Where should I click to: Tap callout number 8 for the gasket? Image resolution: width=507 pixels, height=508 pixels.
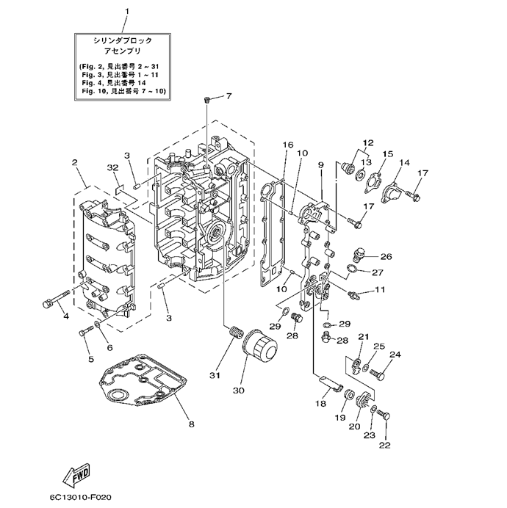click(191, 424)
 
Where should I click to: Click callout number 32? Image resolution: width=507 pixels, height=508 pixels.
click(112, 168)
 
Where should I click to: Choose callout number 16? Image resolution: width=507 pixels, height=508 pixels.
click(287, 145)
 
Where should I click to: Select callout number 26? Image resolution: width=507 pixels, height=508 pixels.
click(386, 257)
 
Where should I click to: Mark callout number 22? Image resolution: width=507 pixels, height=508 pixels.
click(385, 444)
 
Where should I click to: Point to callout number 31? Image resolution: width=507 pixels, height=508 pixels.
click(214, 377)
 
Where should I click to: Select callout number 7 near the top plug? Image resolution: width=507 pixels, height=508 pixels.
click(228, 96)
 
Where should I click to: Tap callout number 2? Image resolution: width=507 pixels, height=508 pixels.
click(74, 162)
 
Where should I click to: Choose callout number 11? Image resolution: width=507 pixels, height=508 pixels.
click(380, 290)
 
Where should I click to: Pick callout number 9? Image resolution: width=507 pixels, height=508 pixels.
click(321, 166)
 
